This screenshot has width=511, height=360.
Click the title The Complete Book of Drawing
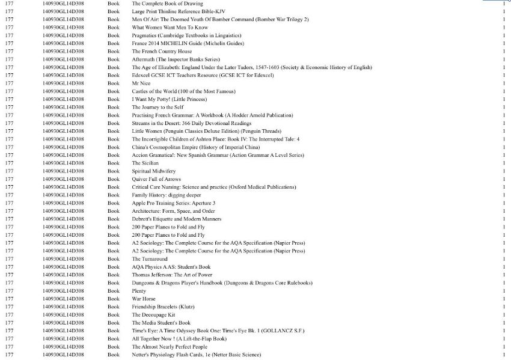(x=167, y=4)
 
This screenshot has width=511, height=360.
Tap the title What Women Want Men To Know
(x=170, y=28)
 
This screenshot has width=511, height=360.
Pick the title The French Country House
(x=162, y=52)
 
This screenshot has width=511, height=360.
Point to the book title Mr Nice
(x=141, y=83)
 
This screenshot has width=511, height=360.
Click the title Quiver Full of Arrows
(x=156, y=179)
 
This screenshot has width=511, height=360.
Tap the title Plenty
(x=139, y=291)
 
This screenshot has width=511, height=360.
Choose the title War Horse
(x=144, y=299)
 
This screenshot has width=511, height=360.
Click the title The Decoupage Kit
(x=153, y=314)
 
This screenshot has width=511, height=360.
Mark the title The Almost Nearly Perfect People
(x=170, y=347)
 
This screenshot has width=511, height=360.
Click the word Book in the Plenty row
(x=114, y=291)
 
